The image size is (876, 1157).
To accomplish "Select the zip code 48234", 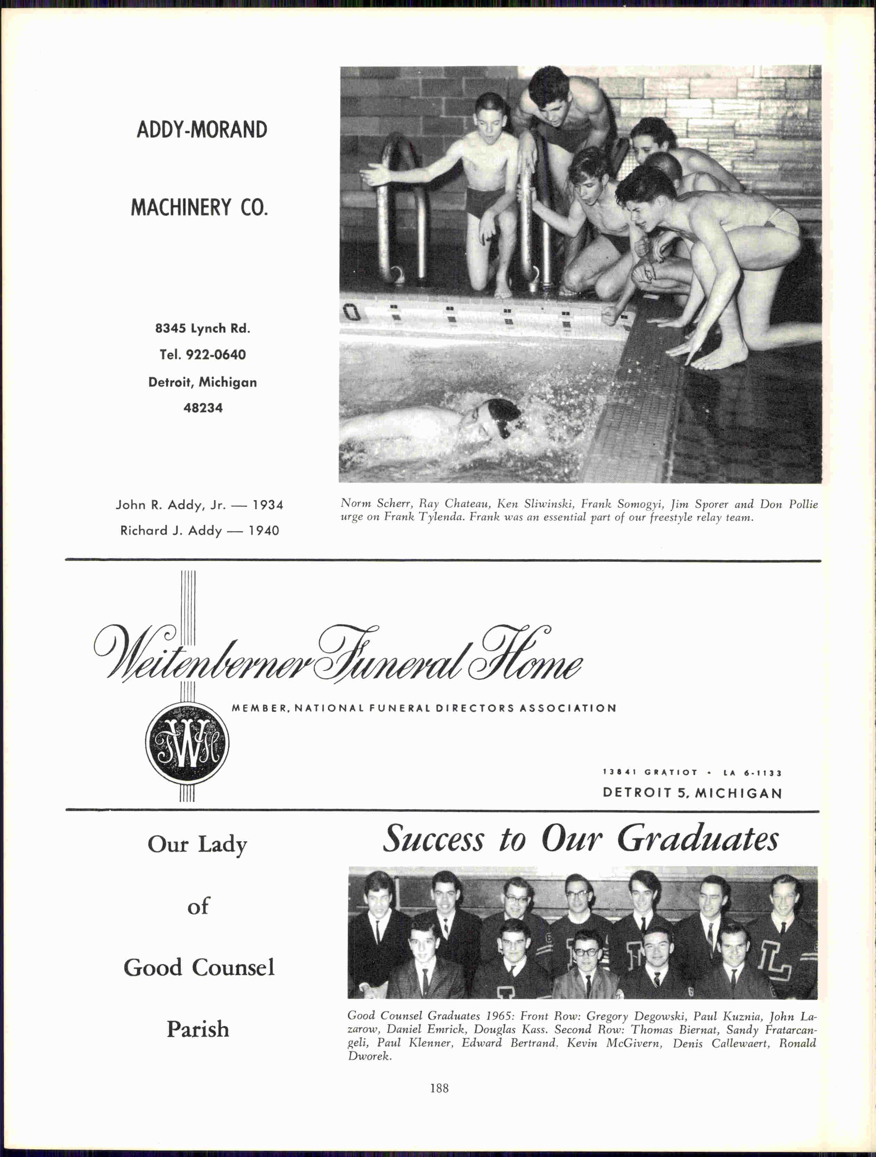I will (x=203, y=408).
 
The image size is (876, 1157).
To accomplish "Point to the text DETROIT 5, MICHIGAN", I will (x=692, y=793).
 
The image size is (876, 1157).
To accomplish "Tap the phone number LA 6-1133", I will (x=753, y=773).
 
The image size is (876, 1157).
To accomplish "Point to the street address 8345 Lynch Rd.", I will (x=203, y=328).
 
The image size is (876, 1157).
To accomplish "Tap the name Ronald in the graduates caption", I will (x=797, y=1043).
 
